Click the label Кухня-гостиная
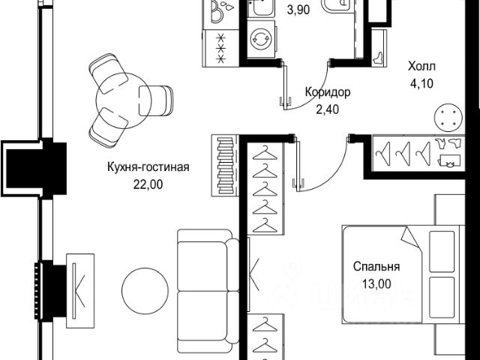tap(146, 166)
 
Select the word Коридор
tap(328, 93)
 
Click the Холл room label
tap(421, 65)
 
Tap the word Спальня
tap(376, 266)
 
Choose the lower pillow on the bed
tap(442, 298)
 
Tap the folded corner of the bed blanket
tap(412, 238)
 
